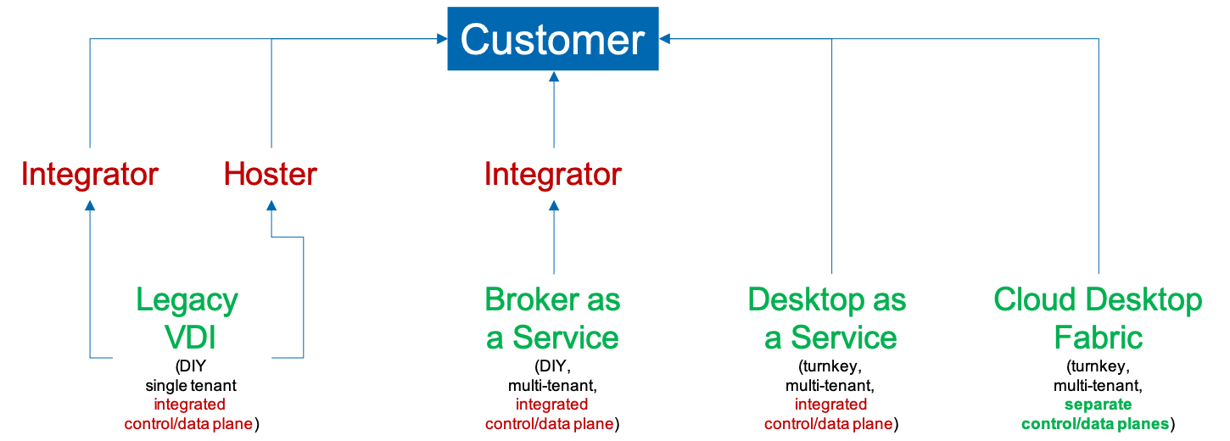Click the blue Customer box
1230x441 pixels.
click(553, 39)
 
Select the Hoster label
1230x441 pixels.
click(270, 175)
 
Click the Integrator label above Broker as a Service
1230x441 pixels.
click(553, 175)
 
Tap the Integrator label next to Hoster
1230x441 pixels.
click(90, 175)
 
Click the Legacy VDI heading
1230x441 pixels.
click(187, 319)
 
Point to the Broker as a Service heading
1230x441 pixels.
click(553, 319)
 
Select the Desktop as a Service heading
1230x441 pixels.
click(827, 319)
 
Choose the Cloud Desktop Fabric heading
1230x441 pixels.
click(1098, 319)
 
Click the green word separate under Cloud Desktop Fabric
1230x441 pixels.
click(1098, 405)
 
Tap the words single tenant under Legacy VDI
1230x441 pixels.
click(190, 386)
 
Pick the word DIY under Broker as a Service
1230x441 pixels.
click(554, 368)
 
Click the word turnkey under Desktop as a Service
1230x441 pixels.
click(830, 368)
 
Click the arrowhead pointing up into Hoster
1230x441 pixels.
click(271, 204)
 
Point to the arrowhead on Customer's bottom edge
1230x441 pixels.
click(554, 77)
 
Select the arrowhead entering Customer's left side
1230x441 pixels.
click(442, 38)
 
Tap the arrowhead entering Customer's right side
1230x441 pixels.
click(665, 38)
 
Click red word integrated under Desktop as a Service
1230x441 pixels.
click(830, 405)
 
